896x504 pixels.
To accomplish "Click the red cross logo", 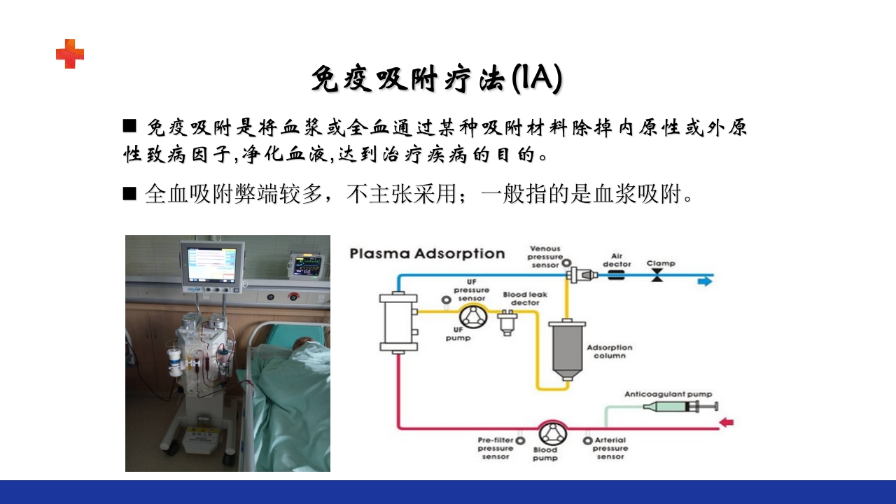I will click(x=70, y=54).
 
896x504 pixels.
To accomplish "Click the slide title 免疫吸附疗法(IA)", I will click(x=436, y=79).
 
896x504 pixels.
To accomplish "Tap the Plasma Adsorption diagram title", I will click(x=427, y=253).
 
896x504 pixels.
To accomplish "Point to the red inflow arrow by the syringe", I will click(x=727, y=422).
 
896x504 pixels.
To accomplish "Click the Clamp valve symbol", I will click(x=657, y=277).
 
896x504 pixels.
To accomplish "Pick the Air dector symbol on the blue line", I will click(x=617, y=276).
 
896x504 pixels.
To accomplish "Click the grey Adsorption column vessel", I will click(x=566, y=349).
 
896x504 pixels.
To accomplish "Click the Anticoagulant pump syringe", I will click(x=679, y=407).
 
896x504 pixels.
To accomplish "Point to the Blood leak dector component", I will click(x=506, y=323).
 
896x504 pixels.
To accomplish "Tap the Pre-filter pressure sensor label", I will click(x=496, y=448).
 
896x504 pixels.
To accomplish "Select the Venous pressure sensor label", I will click(x=545, y=257).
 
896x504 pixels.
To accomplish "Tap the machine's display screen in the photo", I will click(x=213, y=265).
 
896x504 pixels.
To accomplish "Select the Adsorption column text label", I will click(x=609, y=351).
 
